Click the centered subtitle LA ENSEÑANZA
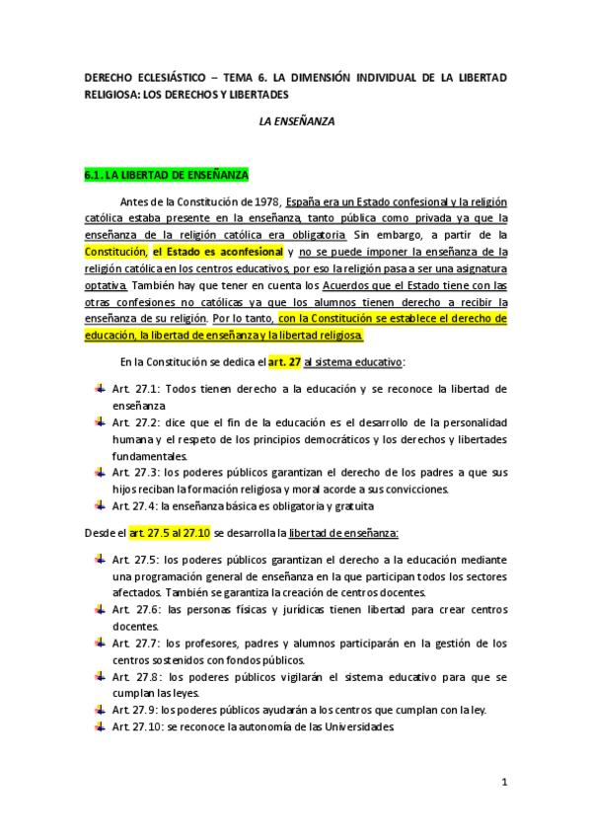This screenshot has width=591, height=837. [x=296, y=121]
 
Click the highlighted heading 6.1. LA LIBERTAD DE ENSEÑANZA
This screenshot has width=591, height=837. [x=167, y=176]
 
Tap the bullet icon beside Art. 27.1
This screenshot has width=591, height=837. [x=101, y=388]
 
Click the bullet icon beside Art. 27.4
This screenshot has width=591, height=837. [x=101, y=505]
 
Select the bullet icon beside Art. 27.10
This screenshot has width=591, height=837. [x=101, y=726]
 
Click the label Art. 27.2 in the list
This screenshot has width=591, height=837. [x=133, y=422]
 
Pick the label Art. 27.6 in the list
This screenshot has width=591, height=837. [x=133, y=610]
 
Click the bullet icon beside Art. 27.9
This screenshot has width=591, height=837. [x=101, y=710]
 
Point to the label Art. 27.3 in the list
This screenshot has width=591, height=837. [x=133, y=472]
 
